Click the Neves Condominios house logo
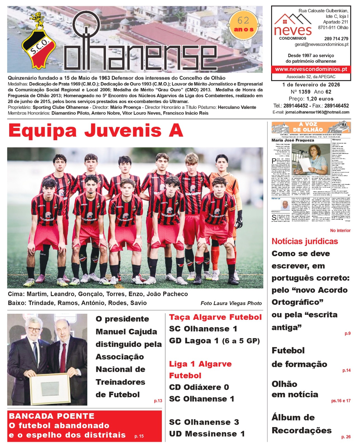[292, 25]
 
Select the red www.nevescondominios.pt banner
[311, 69]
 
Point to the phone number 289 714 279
[336, 39]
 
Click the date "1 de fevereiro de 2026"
[311, 85]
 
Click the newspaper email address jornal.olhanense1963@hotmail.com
[317, 112]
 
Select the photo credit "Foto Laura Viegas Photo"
[231, 303]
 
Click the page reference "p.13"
[158, 401]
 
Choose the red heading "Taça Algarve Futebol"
[215, 317]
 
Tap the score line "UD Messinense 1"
[207, 434]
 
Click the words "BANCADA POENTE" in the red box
[52, 416]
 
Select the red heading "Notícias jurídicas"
[305, 241]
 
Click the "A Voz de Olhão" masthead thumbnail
[311, 127]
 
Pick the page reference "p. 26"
[346, 437]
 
